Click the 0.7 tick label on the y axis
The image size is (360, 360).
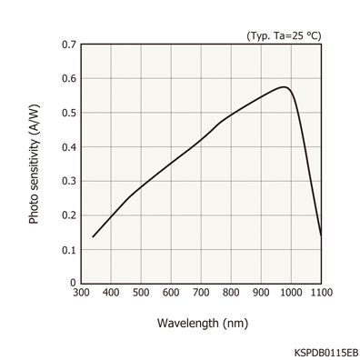(68, 45)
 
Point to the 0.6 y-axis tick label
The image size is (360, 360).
(68, 79)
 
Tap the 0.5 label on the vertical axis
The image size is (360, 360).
(68, 113)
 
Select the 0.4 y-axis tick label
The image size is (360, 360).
(68, 147)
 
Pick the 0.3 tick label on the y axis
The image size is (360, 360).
(68, 181)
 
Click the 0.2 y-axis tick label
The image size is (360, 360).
(68, 215)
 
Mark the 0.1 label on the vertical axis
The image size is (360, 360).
(68, 249)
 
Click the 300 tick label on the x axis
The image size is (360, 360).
(81, 293)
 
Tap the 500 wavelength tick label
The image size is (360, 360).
(141, 293)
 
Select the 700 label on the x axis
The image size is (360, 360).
(201, 293)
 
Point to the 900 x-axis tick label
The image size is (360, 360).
(261, 293)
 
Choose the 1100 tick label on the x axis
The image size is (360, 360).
(319, 293)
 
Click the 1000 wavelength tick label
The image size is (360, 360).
(290, 293)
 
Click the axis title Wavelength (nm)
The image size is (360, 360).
(202, 323)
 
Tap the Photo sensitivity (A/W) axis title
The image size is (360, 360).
(35, 164)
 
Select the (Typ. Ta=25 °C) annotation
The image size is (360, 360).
(284, 35)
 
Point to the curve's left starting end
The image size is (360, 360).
(93, 236)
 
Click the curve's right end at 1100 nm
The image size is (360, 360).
(321, 235)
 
